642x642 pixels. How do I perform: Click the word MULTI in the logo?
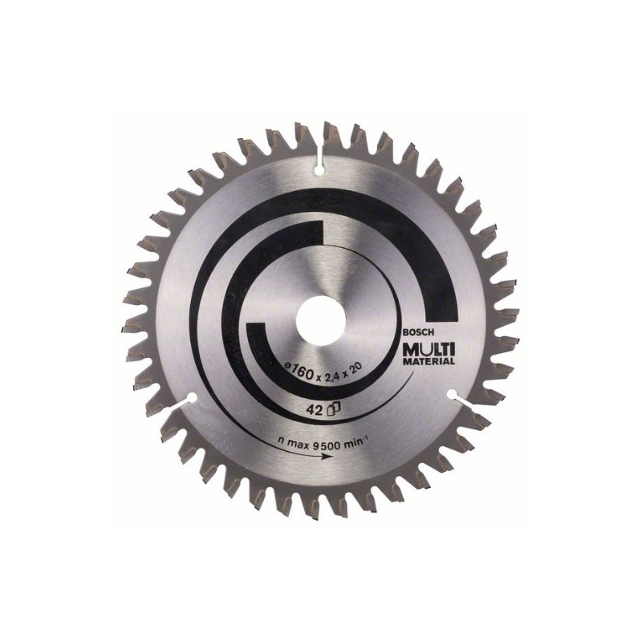pyautogui.click(x=430, y=349)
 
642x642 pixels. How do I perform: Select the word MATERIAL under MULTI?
pyautogui.click(x=429, y=362)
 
